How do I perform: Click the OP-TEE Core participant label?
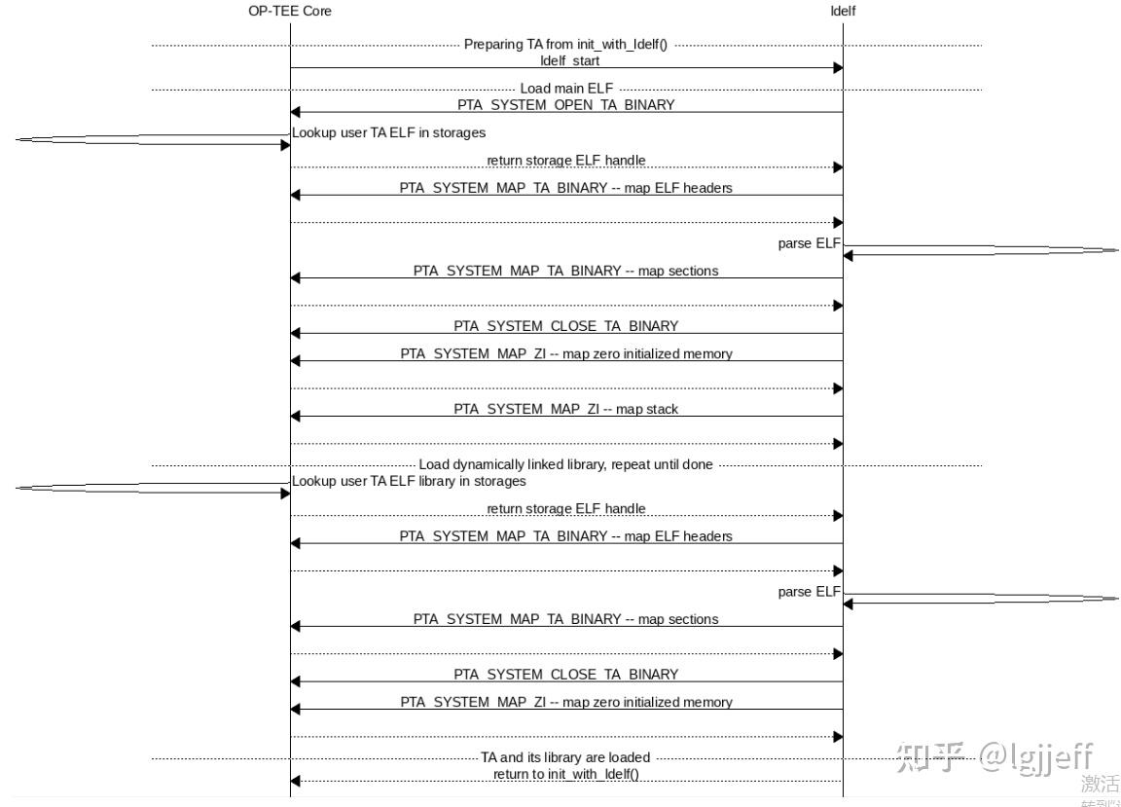pos(290,11)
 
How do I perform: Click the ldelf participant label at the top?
pos(843,11)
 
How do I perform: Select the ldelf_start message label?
pos(570,60)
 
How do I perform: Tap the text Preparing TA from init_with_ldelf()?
pos(565,44)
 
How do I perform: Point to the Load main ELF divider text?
pos(566,89)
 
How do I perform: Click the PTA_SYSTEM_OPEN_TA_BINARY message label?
pos(565,104)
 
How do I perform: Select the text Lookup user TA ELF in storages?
pos(389,132)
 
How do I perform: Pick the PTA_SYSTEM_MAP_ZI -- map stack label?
pos(565,409)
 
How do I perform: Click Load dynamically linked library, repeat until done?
pos(565,464)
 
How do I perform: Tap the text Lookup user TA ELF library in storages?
pos(409,481)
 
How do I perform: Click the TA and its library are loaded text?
pos(565,757)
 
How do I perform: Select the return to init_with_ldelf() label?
pos(565,774)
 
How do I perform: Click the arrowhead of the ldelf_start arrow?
pos(837,68)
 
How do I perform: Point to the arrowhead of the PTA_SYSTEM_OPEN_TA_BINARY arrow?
pos(296,112)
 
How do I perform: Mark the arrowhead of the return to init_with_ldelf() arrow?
pos(296,781)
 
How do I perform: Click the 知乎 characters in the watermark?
pos(930,756)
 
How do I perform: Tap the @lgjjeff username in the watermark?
pos(1035,756)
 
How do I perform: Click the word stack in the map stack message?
pos(661,409)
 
